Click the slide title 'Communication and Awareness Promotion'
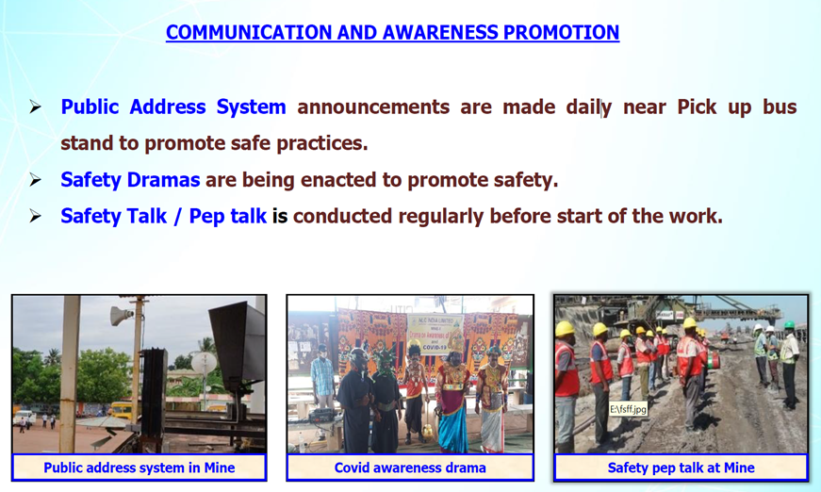393,32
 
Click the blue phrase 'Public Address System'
173,107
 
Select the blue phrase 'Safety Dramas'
130,179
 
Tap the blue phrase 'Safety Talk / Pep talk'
163,216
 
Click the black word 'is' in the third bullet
280,216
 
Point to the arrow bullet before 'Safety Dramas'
35,180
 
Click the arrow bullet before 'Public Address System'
35,107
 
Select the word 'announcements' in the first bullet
373,107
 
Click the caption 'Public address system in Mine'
140,467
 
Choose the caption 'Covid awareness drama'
410,467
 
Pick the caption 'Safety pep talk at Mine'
681,467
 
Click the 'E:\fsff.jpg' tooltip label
628,409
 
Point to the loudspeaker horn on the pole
122,316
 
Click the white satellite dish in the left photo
204,362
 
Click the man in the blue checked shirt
322,374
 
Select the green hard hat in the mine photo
790,324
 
